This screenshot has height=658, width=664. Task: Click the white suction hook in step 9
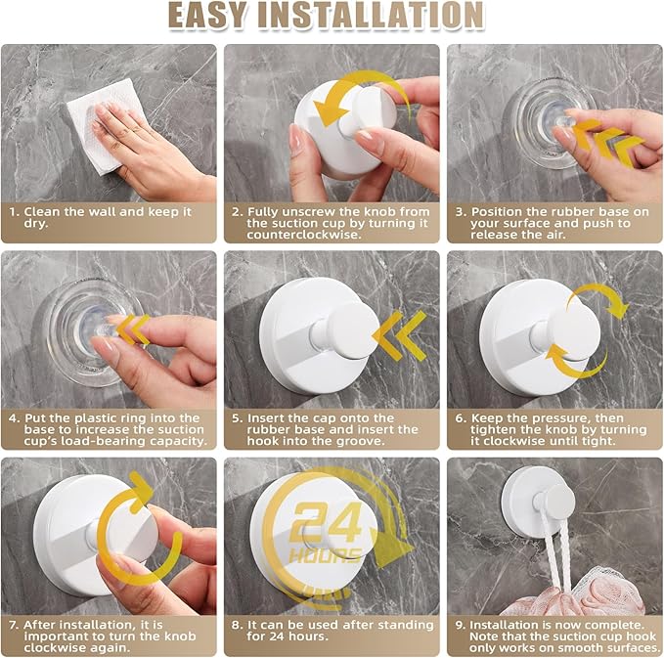click(x=541, y=501)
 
